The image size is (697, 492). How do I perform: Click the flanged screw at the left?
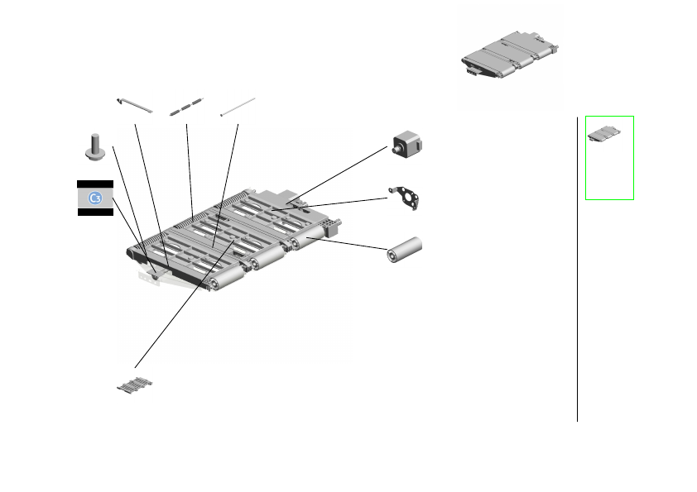point(94,147)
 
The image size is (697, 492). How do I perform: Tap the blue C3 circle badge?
point(95,198)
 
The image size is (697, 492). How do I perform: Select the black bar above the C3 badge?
point(95,184)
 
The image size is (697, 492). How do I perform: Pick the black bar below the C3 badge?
point(95,213)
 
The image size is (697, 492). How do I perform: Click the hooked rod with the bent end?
point(135,106)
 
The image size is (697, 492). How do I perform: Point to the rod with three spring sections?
point(186,107)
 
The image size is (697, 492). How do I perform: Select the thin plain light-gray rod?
point(238,107)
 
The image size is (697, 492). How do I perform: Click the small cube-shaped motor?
point(407,145)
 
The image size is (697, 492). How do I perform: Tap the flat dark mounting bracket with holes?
point(405,198)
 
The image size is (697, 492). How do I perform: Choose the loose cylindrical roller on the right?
point(405,250)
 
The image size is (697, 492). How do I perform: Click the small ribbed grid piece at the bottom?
point(135,385)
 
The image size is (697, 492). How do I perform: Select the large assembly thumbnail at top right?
point(510,55)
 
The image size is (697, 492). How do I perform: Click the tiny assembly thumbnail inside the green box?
point(604,134)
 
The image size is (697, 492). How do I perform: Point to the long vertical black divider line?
point(578,269)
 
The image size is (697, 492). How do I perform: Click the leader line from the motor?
point(337,175)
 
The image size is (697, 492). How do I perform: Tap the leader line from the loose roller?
point(347,244)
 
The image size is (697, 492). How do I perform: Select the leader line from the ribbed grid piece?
point(185,303)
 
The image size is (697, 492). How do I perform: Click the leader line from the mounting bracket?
point(329,203)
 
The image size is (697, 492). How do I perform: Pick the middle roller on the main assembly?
point(267,257)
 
